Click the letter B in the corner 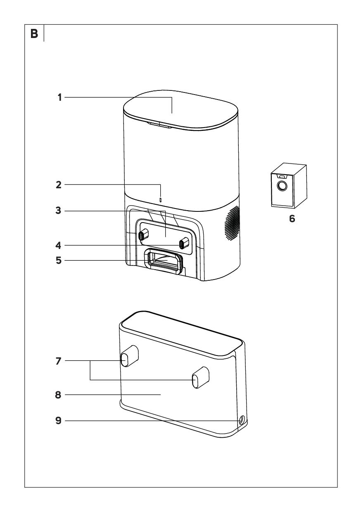coord(34,34)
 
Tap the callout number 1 coord(59,97)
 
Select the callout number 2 coord(59,185)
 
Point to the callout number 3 coord(59,211)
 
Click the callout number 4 coord(59,246)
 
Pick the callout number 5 coord(59,261)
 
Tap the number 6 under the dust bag coord(292,219)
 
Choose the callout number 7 coord(59,361)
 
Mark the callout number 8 coord(58,395)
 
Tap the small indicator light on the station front coord(161,200)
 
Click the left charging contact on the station coord(143,235)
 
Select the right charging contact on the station coord(184,243)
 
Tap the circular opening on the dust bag coord(283,186)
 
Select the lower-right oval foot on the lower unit coord(200,377)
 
